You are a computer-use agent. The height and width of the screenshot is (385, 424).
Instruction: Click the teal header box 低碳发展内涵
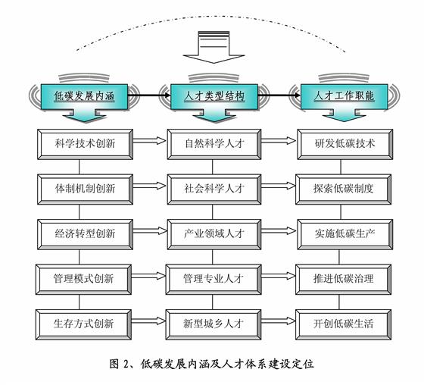pos(84,97)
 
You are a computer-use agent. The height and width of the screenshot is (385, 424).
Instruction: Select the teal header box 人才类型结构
pos(214,97)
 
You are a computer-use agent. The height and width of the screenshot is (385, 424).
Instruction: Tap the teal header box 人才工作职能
pos(344,97)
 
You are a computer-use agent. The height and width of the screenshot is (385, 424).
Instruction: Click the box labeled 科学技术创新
pos(85,144)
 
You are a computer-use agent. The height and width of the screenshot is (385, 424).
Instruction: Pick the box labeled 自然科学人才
pos(214,144)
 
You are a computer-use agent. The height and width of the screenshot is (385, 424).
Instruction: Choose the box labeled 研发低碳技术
pos(344,144)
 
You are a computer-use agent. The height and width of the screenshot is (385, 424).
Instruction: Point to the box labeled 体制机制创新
pos(85,189)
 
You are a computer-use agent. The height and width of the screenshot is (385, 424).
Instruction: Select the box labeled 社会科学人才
pos(214,189)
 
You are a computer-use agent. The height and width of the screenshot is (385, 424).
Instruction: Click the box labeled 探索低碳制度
pos(344,189)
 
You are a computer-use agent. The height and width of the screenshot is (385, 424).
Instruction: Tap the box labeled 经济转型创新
pos(85,234)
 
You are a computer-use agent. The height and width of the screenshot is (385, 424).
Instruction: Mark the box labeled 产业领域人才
pos(214,234)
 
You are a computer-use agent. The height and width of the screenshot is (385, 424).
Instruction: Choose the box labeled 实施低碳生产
pos(344,234)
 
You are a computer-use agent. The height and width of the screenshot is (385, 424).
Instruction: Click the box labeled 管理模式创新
pos(83,280)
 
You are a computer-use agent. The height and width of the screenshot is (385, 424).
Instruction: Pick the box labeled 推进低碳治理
pos(344,280)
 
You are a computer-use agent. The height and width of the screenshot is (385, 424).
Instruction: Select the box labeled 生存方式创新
pos(83,324)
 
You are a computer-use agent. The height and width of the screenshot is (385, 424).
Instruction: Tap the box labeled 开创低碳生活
pos(344,324)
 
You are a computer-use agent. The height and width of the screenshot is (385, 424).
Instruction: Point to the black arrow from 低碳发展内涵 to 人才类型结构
pos(149,95)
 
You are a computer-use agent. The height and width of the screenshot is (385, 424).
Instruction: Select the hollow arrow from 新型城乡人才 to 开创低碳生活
pos(279,321)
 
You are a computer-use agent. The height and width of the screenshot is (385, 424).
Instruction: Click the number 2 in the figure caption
pos(126,364)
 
